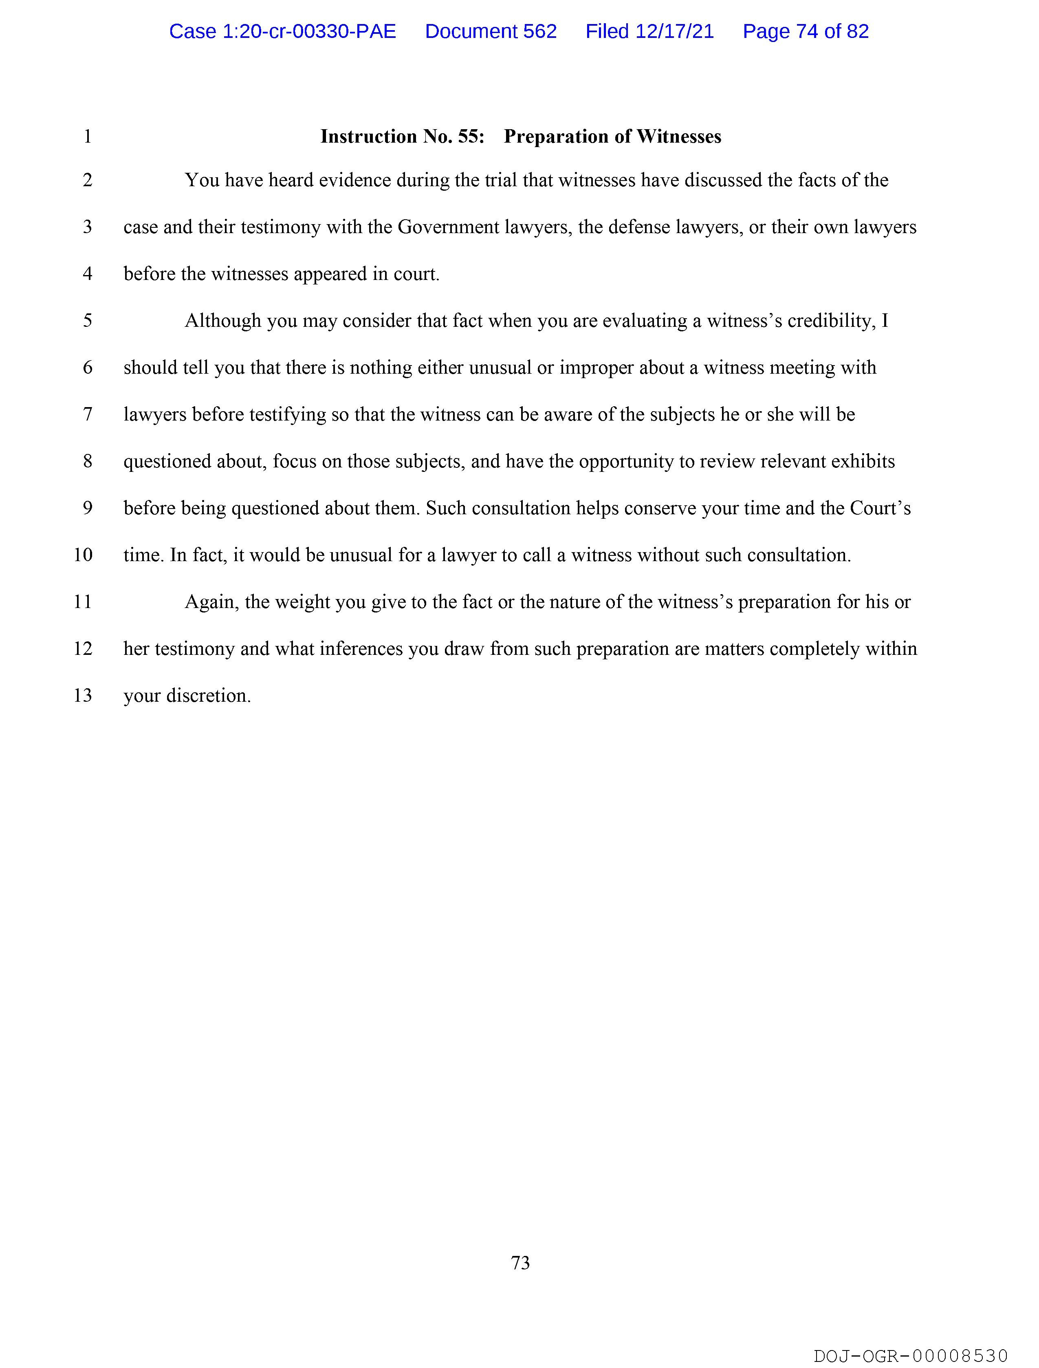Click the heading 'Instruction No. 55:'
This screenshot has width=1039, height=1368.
[402, 137]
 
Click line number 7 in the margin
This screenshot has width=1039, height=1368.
[88, 414]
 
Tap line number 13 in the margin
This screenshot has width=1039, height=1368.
[83, 696]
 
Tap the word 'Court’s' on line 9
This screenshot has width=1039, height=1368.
[880, 508]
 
